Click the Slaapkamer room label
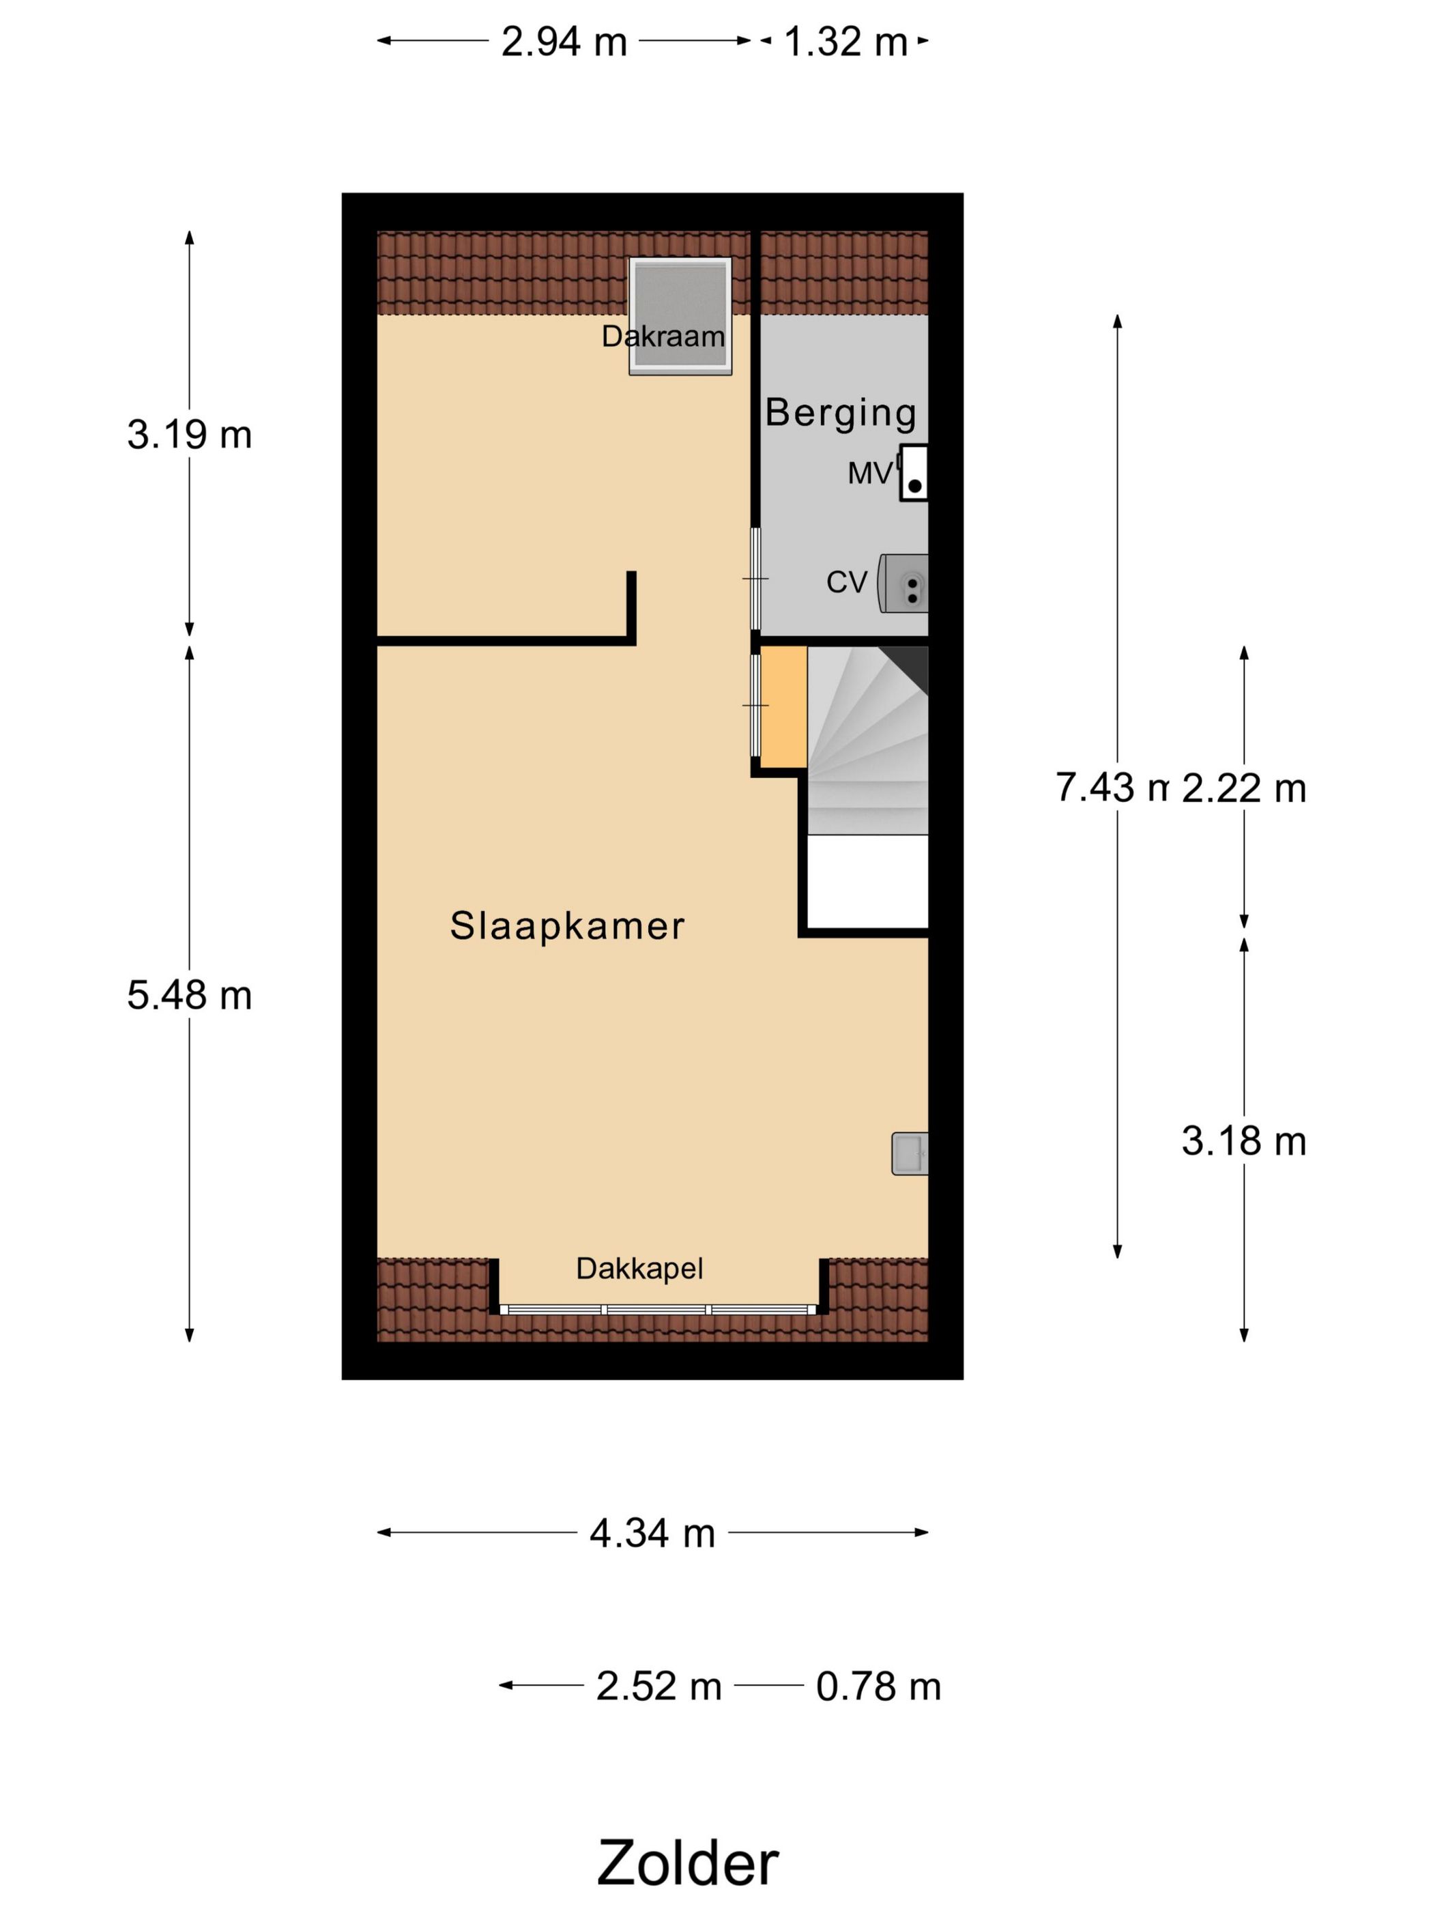[x=566, y=925]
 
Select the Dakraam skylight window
[x=680, y=315]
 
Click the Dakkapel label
[x=639, y=1268]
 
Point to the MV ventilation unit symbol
[x=914, y=472]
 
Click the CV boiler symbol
[x=903, y=583]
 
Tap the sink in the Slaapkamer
[x=910, y=1153]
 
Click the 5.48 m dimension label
[x=189, y=995]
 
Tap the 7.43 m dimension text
[x=1112, y=787]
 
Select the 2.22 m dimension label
[x=1244, y=788]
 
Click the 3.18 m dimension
[x=1244, y=1141]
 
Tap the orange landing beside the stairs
[x=783, y=706]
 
